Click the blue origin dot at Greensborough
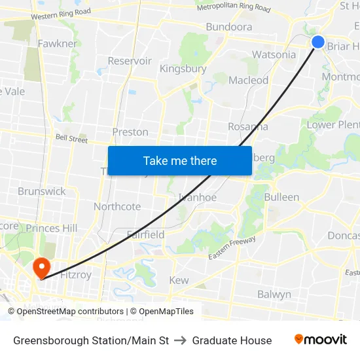point(318,42)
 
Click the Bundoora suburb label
point(228,27)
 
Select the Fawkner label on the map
point(57,44)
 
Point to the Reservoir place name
point(130,61)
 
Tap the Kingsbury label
point(183,69)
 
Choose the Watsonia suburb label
point(274,54)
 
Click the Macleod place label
point(249,80)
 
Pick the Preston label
point(130,132)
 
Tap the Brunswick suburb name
point(42,191)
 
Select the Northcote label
point(117,206)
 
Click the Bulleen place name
point(281,197)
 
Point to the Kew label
point(179,280)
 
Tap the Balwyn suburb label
point(274,295)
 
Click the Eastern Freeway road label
point(232,248)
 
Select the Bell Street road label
point(71,139)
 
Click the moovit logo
point(321,340)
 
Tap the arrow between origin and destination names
point(180,340)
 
